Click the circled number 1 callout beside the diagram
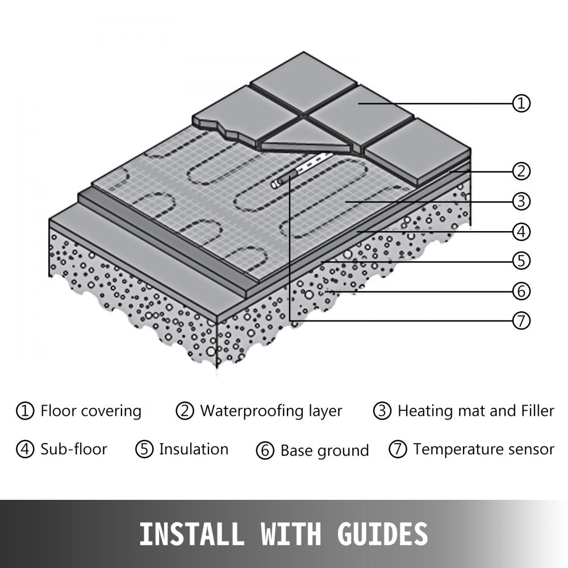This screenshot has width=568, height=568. coord(521,103)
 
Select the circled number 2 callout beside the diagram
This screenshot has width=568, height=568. coord(521,170)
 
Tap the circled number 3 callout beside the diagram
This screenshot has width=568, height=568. coord(521,201)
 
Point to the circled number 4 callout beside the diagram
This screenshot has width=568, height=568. coord(521,232)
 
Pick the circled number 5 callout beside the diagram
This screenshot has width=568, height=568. coord(521,261)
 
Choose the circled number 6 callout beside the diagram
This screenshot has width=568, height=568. coord(521,291)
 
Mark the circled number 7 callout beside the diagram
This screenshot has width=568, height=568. coord(521,321)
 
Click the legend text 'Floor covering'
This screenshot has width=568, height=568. coord(91,411)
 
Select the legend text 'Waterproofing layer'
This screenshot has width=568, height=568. coord(271,411)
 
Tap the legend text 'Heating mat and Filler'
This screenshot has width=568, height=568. coord(475,411)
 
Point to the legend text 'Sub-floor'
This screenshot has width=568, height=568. coord(74,449)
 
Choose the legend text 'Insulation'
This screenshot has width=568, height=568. coord(194,449)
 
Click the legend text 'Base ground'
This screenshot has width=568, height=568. coord(324,451)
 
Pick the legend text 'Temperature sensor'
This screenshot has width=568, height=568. coord(483,449)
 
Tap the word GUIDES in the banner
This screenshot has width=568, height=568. coord(380,534)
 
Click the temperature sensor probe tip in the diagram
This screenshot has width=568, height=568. coord(277,182)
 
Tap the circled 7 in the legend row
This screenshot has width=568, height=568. coord(398,449)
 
